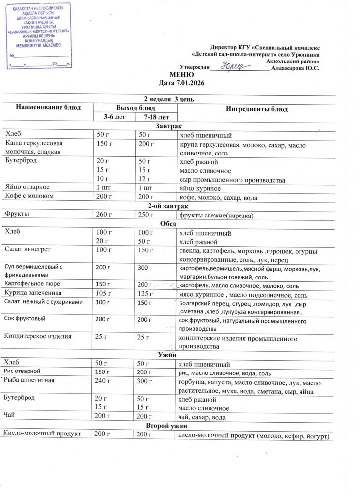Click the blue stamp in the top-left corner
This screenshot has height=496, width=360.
coord(40,35)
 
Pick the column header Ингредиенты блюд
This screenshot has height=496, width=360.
coord(256,109)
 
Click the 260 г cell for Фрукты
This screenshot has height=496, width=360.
coord(104,215)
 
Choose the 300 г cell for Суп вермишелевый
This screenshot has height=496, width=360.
coord(145,268)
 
